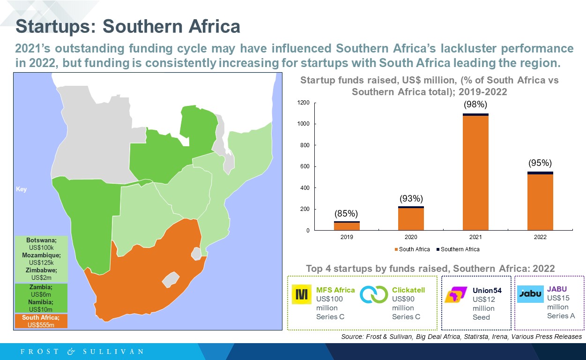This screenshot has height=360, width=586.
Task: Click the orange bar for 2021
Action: coord(475,173)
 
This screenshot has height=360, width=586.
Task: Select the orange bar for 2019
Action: coord(347,226)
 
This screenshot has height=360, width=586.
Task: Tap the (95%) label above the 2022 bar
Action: coord(540,163)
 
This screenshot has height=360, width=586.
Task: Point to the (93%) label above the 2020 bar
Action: coord(411,198)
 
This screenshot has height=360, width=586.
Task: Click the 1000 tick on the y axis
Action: coord(303,124)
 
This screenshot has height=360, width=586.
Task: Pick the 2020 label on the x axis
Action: coord(411,237)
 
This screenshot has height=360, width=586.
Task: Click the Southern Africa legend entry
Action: coord(458,249)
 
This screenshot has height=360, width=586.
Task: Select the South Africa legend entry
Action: coord(412,249)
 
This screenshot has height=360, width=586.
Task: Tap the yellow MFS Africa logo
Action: coord(302,294)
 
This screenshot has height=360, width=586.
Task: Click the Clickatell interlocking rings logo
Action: coord(374,294)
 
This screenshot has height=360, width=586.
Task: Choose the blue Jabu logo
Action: coord(530,294)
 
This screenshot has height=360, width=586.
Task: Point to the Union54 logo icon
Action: coord(456,294)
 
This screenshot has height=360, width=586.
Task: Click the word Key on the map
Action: coord(21,189)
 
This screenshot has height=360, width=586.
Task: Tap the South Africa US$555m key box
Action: coord(41,321)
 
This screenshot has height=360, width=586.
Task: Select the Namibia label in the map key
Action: coord(41,302)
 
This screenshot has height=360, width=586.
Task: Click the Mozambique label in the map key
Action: coord(41,255)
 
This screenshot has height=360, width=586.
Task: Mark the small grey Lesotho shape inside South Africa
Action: coord(171,280)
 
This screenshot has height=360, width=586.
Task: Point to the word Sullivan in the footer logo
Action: coord(113,352)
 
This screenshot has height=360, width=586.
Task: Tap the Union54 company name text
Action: coord(487,290)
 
